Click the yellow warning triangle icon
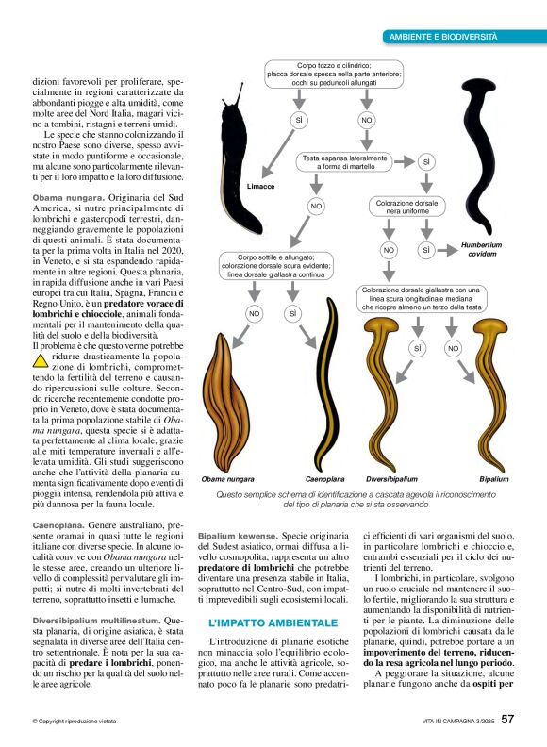tap(41, 360)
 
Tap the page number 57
tap(507, 720)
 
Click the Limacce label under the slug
tap(260, 187)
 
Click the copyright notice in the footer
tap(80, 722)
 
